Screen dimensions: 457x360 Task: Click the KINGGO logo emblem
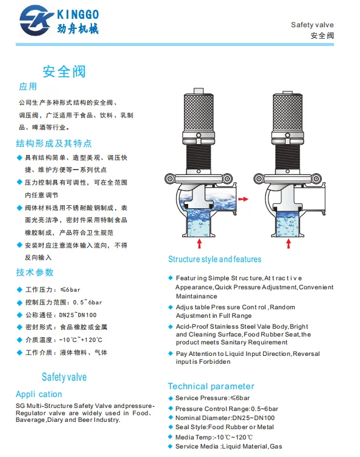tap(40, 21)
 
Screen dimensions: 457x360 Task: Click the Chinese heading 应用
tap(28, 87)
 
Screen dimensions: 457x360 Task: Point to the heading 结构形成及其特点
tap(54, 143)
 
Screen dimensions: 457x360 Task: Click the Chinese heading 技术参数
tap(35, 272)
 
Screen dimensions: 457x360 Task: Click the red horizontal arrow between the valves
tap(243, 199)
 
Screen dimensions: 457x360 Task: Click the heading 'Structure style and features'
tap(214, 259)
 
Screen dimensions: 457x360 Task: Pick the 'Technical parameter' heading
tap(211, 386)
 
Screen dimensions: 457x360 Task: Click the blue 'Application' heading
tap(39, 393)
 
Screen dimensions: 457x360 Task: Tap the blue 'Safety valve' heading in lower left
tap(64, 377)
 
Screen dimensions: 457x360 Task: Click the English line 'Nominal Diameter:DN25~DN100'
tap(224, 418)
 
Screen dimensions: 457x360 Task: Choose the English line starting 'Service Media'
tap(228, 446)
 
